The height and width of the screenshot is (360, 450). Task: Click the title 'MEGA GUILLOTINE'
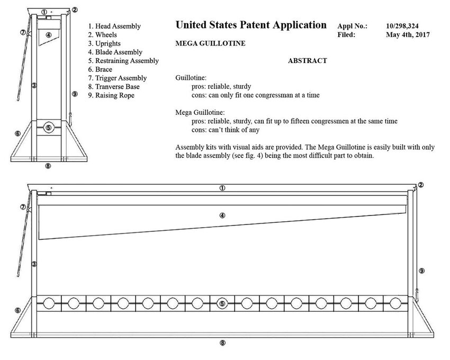click(210, 43)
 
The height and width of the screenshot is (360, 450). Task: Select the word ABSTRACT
click(307, 61)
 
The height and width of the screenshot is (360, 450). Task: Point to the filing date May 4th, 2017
click(408, 35)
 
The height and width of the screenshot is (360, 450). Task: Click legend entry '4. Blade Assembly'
click(115, 52)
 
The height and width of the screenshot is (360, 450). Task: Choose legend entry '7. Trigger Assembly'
click(117, 78)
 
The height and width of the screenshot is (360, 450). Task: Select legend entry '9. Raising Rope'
click(111, 95)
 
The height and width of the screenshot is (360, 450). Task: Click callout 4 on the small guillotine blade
click(49, 34)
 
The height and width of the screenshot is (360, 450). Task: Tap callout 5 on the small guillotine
click(49, 127)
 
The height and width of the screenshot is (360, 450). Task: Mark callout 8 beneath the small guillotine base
click(48, 166)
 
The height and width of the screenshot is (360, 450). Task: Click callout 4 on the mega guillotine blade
click(222, 215)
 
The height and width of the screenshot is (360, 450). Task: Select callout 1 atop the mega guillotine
click(222, 188)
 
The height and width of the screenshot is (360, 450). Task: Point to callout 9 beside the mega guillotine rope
click(421, 271)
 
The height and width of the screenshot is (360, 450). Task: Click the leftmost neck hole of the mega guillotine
click(49, 303)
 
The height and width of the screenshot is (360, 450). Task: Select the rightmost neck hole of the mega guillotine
click(395, 303)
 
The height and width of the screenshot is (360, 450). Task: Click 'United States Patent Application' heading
click(250, 25)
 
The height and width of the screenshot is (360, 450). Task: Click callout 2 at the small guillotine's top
click(75, 10)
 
